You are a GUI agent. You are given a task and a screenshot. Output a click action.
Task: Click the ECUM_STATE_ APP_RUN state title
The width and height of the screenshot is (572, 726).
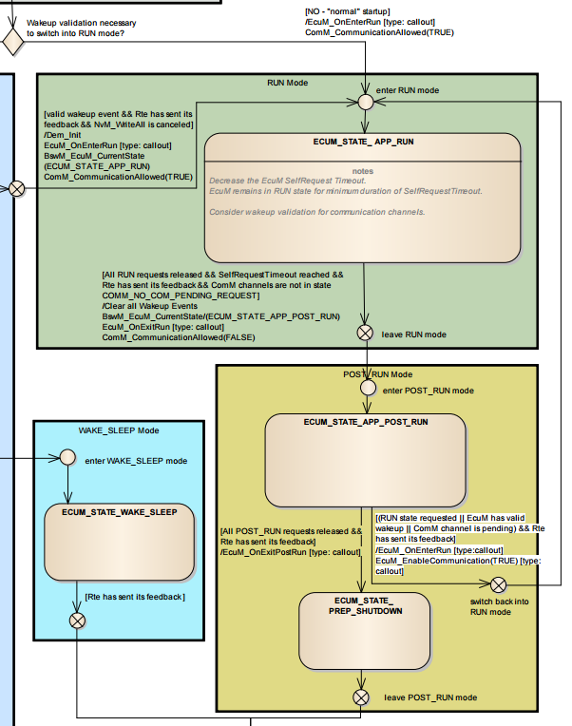coord(363,142)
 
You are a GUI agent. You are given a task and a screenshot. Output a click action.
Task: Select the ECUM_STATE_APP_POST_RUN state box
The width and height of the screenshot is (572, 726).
coord(365,460)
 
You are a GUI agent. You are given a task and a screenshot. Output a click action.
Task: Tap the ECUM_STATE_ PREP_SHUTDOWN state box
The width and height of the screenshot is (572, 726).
coord(365,631)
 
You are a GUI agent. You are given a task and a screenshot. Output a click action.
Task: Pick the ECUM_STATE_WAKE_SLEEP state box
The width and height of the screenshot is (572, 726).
coord(120,542)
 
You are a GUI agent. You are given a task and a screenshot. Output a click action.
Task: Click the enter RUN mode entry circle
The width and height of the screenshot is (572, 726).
coord(366,102)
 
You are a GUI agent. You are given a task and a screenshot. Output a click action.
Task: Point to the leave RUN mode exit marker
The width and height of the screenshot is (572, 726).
coord(365,333)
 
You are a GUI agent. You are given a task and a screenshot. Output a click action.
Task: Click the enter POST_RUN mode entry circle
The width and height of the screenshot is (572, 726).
coord(368,388)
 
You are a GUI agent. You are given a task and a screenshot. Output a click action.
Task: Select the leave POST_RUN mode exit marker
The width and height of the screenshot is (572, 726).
coord(361,697)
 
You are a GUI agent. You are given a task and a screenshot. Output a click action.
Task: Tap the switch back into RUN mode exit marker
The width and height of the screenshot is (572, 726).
coord(499,584)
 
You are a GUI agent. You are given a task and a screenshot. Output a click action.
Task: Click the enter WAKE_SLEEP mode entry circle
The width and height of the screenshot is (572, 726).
coord(68,457)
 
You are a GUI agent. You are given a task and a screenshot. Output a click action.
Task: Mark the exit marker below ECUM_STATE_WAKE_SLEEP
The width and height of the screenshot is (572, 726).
coord(77,621)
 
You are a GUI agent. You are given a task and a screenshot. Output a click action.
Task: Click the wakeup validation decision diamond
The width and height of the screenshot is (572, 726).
coord(12,42)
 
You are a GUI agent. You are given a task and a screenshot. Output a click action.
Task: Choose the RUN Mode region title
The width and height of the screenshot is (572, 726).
coord(287,83)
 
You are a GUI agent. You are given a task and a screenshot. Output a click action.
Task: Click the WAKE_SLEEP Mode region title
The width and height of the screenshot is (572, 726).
coord(119,430)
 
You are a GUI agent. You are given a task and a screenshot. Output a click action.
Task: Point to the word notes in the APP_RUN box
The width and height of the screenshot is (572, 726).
coord(363,171)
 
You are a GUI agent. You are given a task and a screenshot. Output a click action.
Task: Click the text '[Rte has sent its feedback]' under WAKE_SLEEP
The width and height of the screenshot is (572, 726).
coord(135,597)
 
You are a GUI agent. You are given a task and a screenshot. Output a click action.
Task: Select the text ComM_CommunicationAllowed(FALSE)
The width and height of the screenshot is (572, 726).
coord(179,337)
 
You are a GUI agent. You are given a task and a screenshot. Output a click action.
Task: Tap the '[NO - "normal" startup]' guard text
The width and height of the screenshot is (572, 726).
coord(348,11)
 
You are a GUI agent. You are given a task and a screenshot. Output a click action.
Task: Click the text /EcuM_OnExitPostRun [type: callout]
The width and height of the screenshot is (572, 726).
coord(291,552)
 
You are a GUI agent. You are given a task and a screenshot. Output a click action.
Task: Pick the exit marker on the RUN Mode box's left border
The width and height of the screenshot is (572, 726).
coord(17,189)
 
